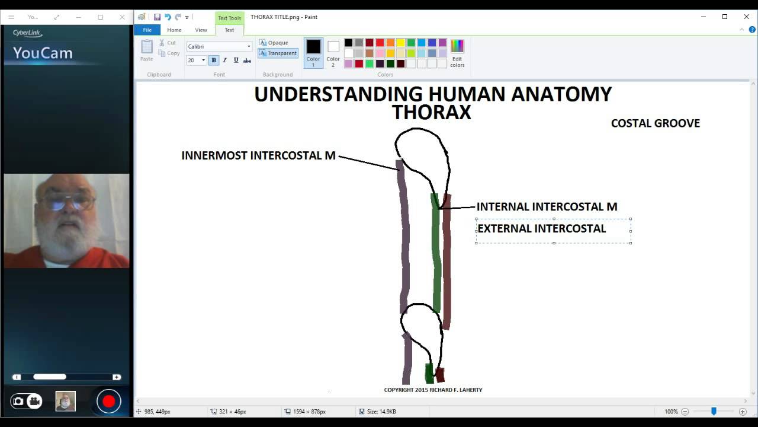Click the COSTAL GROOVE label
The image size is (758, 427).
click(655, 123)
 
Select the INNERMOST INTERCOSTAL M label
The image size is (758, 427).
click(258, 155)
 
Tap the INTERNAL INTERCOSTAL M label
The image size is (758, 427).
click(547, 207)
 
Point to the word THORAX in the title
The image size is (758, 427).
click(431, 112)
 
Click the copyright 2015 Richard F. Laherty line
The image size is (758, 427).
click(433, 390)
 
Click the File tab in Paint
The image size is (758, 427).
click(147, 30)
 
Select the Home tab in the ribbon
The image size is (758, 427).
click(174, 30)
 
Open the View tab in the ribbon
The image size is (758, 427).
click(201, 30)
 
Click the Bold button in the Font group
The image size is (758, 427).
click(214, 60)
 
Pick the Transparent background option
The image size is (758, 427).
click(278, 53)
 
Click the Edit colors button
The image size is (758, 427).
click(457, 53)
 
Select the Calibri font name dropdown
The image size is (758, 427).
click(219, 46)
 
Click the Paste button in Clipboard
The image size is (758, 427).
click(147, 50)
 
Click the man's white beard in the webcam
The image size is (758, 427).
click(65, 243)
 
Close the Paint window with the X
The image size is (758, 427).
click(746, 17)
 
